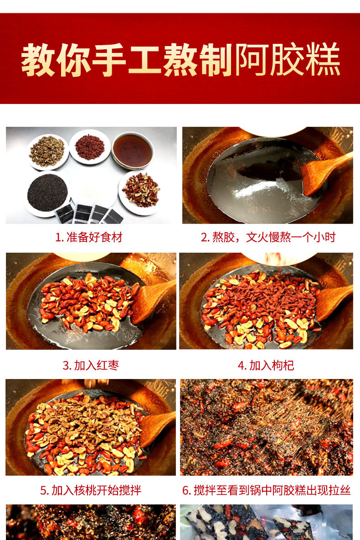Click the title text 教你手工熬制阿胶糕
[x=180, y=60]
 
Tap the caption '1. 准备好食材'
[x=89, y=237]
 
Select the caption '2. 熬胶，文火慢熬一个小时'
[x=268, y=237]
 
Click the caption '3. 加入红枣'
[x=91, y=365]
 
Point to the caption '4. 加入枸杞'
[x=266, y=365]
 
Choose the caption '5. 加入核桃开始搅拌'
[x=91, y=490]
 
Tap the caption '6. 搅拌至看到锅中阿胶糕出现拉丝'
[x=267, y=490]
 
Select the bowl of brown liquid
[x=133, y=151]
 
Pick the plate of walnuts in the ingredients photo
[x=47, y=151]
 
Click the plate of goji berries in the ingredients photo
[x=89, y=147]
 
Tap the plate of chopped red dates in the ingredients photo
[x=140, y=192]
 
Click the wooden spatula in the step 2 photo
[x=325, y=173]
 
